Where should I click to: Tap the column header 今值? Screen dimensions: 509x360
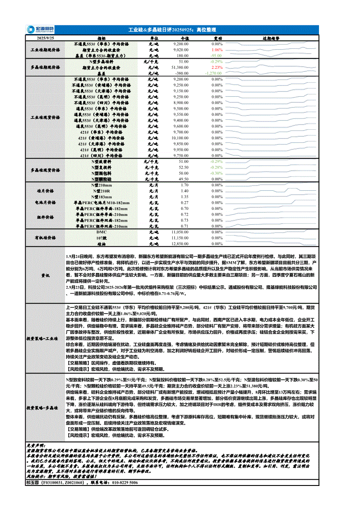[184, 38]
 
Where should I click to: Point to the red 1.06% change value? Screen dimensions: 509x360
[217, 50]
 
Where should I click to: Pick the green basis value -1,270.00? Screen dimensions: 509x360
[214, 73]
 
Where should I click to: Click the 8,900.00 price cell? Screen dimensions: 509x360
[180, 102]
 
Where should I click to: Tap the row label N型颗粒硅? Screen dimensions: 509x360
[102, 179]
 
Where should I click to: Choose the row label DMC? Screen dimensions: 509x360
[102, 233]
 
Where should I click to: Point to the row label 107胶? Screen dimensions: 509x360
[102, 238]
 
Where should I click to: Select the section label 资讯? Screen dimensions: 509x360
[45, 276]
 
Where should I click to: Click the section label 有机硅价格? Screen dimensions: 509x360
[45, 238]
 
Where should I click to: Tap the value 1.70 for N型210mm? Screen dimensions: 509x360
[184, 185]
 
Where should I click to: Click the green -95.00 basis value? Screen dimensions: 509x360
[216, 56]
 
